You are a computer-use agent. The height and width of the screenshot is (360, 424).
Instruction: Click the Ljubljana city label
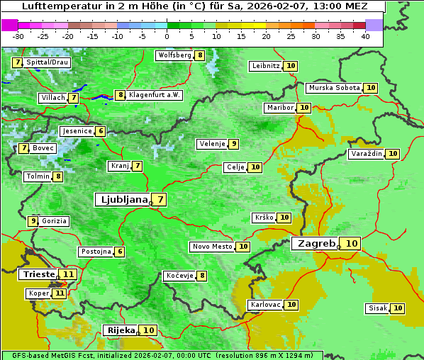(x=122, y=200)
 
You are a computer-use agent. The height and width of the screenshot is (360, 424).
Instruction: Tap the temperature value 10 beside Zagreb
(x=352, y=244)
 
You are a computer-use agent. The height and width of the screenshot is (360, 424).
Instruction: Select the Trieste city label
(x=38, y=274)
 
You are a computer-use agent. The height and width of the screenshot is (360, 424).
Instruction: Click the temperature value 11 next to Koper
(x=60, y=293)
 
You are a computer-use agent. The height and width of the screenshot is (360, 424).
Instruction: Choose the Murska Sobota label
(x=334, y=88)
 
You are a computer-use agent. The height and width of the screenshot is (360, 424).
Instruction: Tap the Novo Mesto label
(x=212, y=247)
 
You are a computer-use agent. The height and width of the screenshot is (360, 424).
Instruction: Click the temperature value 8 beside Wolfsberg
(x=200, y=55)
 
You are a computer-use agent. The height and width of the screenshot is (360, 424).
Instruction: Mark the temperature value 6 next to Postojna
(x=120, y=252)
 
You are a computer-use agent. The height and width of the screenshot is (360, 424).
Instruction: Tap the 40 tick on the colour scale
(x=365, y=36)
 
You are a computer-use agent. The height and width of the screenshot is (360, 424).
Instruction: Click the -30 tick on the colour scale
(x=18, y=36)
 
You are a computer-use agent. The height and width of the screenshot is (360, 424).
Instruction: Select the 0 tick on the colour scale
(x=167, y=36)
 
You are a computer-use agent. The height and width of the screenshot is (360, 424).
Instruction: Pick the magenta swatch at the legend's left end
(x=9, y=25)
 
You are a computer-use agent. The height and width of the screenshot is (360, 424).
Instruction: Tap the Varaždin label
(x=367, y=154)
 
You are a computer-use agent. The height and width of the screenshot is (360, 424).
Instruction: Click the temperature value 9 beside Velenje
(x=233, y=144)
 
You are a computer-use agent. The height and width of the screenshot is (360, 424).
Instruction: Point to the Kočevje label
(x=179, y=276)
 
